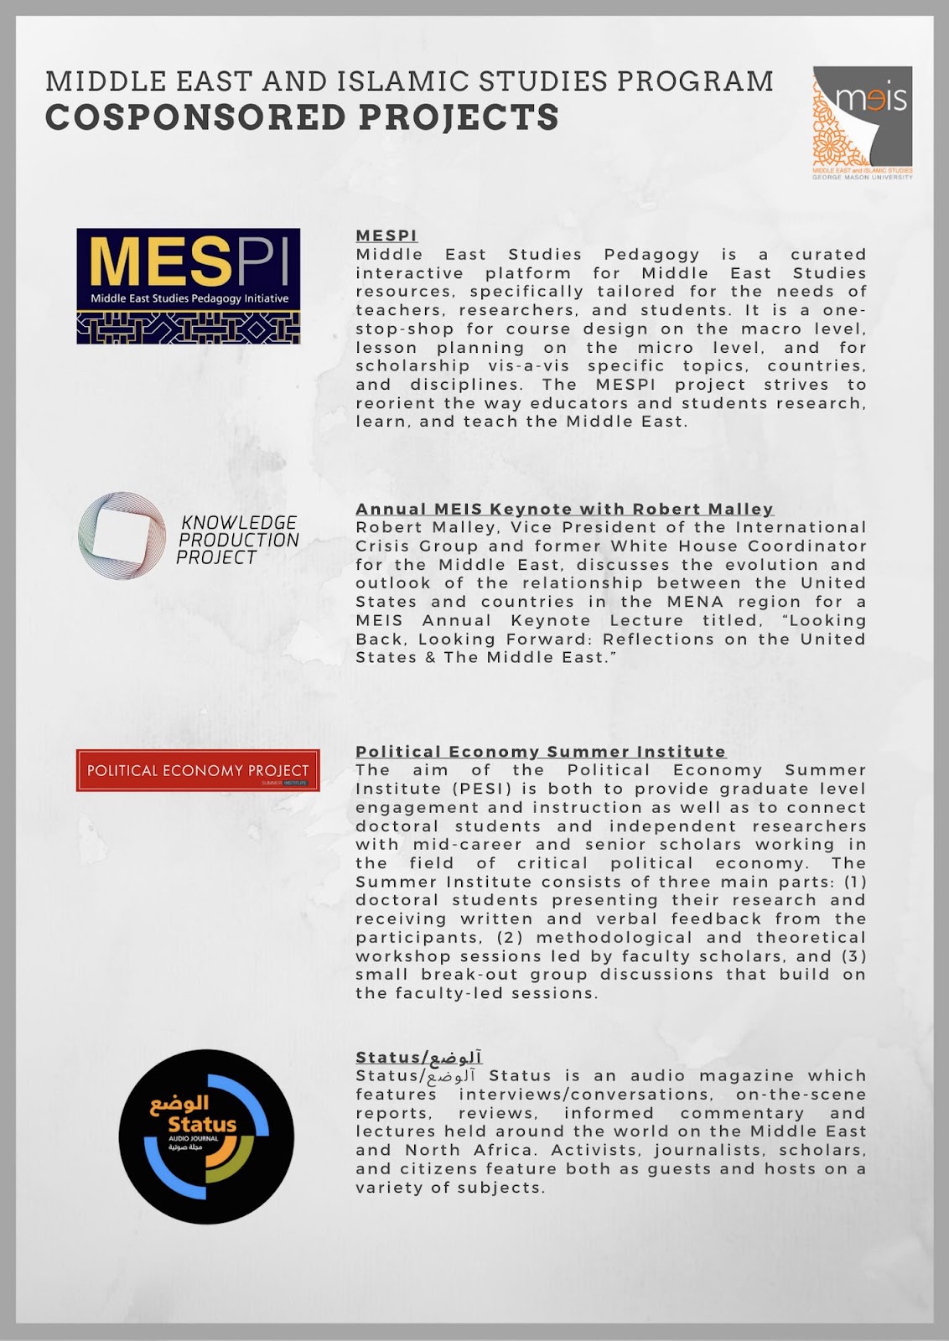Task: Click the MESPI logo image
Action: click(x=188, y=286)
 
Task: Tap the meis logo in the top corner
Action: click(x=862, y=122)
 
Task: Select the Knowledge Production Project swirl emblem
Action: click(x=122, y=536)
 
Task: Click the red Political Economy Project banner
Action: click(x=198, y=770)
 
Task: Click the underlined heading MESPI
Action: click(x=386, y=236)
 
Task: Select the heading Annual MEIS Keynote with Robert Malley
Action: click(x=564, y=509)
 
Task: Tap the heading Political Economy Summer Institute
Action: click(x=541, y=752)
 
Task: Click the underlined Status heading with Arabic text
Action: click(x=418, y=1058)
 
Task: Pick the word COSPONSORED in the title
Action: click(x=196, y=117)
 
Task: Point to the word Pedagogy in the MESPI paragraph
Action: click(x=651, y=254)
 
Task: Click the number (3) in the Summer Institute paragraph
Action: click(x=852, y=956)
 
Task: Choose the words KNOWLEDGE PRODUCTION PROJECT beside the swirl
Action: click(x=238, y=540)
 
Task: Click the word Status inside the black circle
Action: click(x=202, y=1124)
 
